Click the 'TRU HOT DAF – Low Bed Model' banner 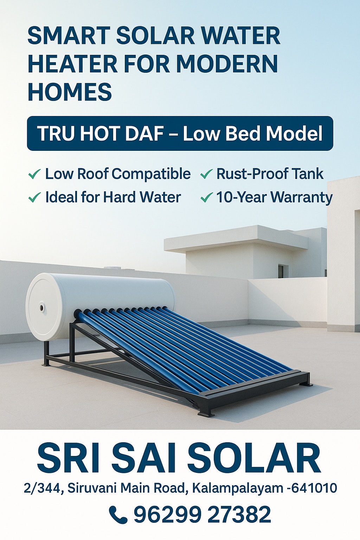[x=180, y=133]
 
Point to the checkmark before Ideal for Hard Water [x=34, y=198]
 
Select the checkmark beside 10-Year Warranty [x=207, y=198]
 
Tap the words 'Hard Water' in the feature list [x=142, y=197]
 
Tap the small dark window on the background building [x=281, y=271]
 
